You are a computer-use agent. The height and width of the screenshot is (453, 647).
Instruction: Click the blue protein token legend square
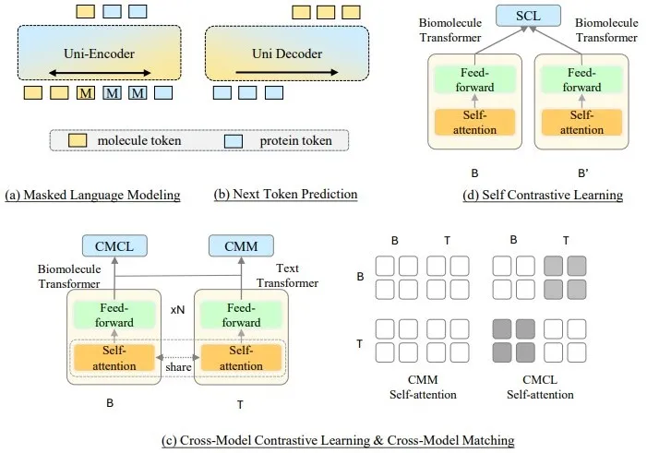pos(232,140)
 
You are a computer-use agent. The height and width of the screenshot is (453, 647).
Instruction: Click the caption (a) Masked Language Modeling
pos(92,195)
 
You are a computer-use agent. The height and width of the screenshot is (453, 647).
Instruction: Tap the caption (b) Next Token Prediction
pos(285,195)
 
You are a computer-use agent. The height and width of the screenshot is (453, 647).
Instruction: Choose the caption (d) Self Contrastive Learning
pos(542,195)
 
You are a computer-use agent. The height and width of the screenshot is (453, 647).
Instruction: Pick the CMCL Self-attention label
pos(541,387)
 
